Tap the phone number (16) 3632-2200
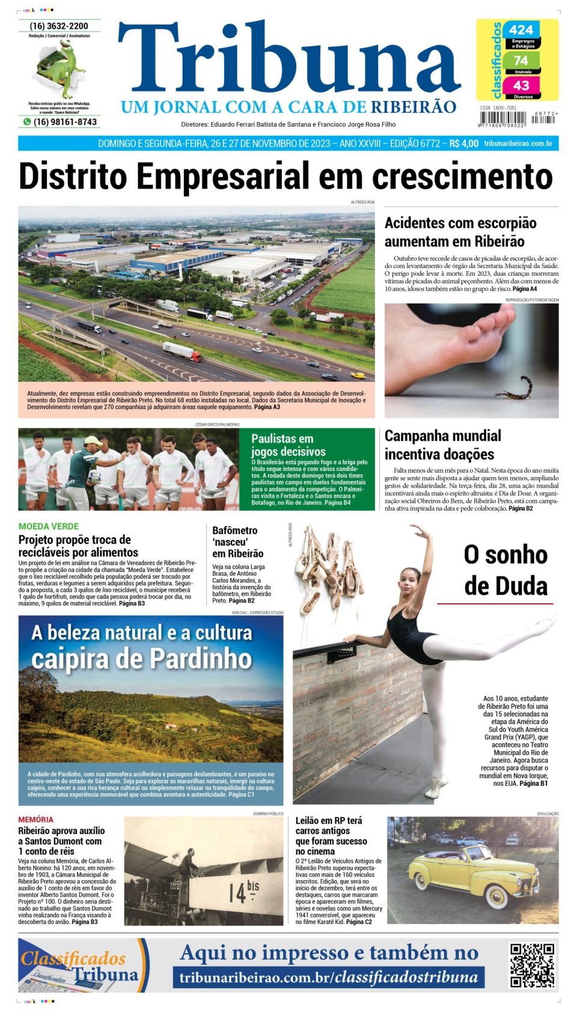[59, 26]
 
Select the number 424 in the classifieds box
[521, 30]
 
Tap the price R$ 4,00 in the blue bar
[463, 144]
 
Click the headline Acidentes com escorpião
[460, 232]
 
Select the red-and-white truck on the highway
[181, 351]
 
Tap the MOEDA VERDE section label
[48, 526]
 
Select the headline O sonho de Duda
[505, 570]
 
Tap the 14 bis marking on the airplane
[243, 892]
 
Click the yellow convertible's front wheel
[496, 896]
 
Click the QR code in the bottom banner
[532, 965]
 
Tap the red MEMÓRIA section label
[35, 820]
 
